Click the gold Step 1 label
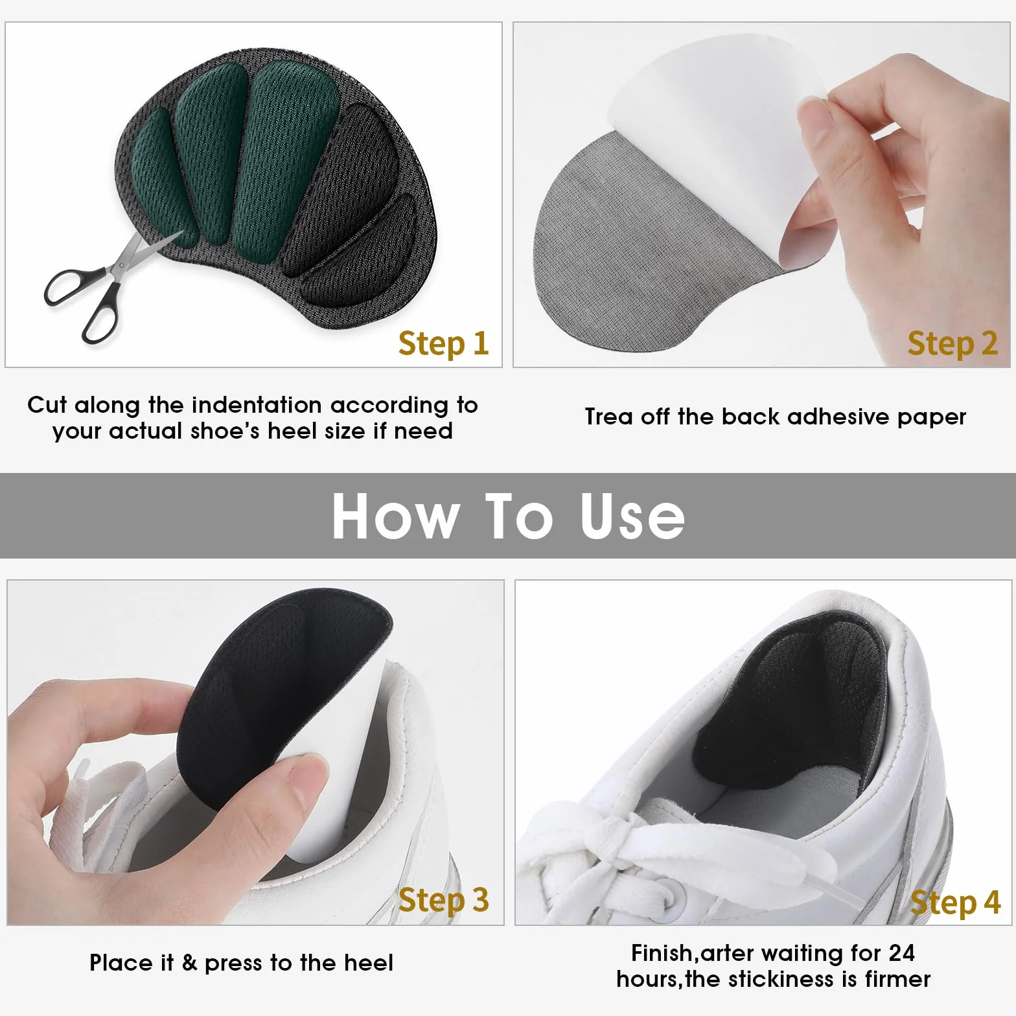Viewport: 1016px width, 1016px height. [x=443, y=343]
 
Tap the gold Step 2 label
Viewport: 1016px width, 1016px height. [x=952, y=343]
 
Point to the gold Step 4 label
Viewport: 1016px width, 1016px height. [x=955, y=903]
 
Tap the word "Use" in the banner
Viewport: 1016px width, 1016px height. [x=632, y=516]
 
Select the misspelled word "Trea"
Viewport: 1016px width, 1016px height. [x=609, y=417]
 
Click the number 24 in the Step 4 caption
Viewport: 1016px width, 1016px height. [x=901, y=953]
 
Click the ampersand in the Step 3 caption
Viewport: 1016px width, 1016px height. [x=189, y=963]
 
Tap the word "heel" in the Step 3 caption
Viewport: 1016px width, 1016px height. [x=368, y=963]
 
